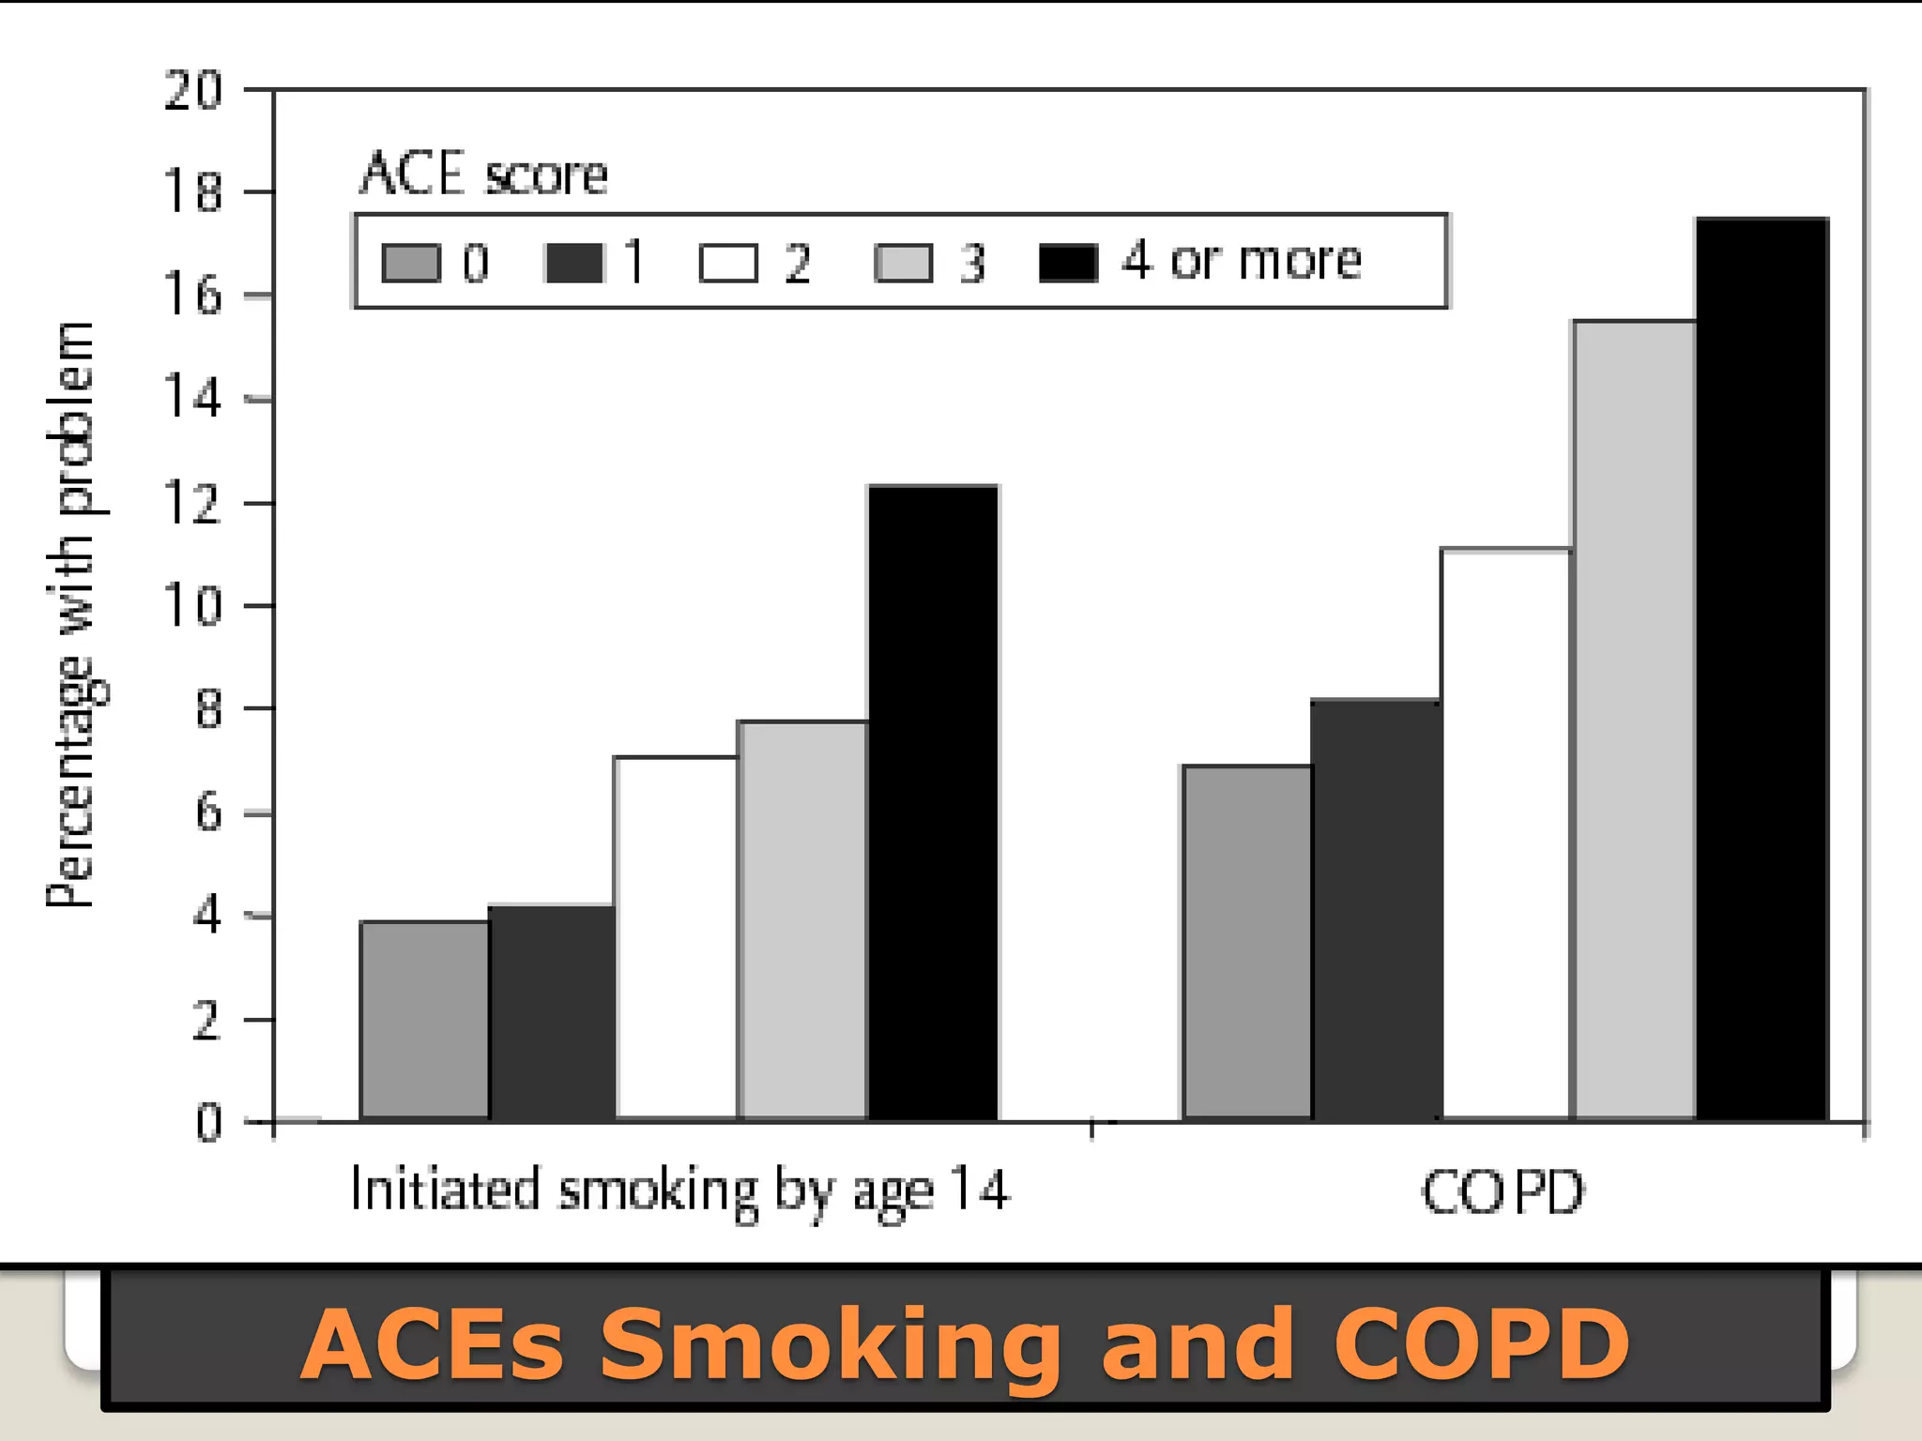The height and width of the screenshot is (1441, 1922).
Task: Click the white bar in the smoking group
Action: [x=676, y=937]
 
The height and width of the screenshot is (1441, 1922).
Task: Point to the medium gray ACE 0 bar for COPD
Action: [x=1247, y=942]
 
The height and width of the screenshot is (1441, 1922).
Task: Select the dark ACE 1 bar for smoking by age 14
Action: [x=552, y=1012]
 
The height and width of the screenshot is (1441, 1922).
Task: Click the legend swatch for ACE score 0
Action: [x=411, y=264]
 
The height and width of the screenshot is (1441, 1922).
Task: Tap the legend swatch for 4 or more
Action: [x=1069, y=264]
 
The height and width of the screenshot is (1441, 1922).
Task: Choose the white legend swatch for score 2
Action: [x=728, y=264]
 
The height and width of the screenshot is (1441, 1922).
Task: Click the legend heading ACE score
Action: [x=484, y=174]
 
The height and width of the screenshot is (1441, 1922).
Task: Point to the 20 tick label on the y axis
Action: [x=192, y=91]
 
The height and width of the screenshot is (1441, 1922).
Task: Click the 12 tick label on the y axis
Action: [x=192, y=504]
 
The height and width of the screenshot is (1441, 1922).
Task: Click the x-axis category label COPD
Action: [x=1502, y=1192]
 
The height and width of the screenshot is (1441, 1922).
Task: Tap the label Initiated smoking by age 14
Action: [x=679, y=1191]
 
